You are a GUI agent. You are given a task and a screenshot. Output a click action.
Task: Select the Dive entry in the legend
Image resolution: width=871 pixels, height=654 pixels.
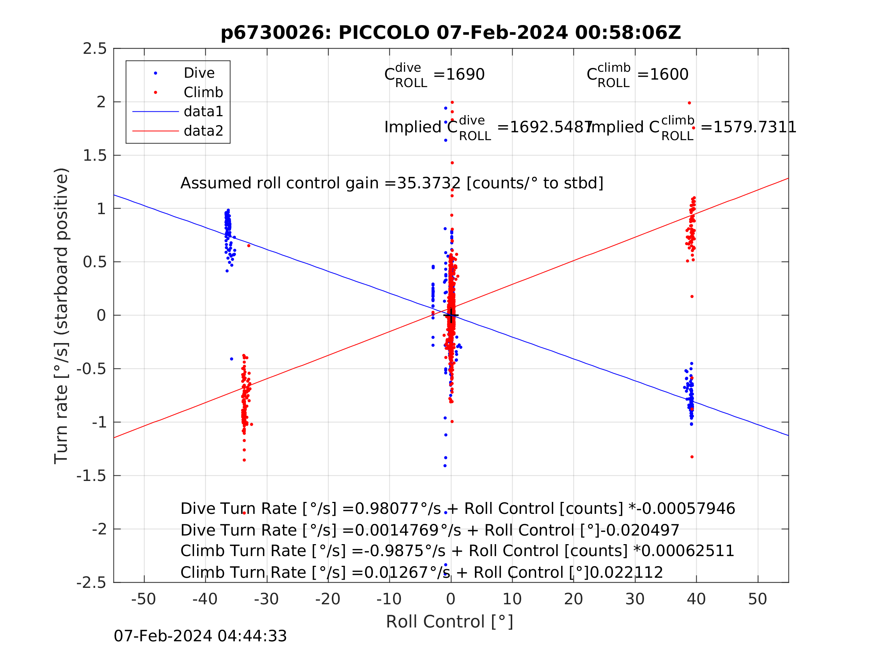click(x=199, y=73)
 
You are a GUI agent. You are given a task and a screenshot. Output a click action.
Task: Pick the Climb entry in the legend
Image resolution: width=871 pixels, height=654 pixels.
click(x=203, y=93)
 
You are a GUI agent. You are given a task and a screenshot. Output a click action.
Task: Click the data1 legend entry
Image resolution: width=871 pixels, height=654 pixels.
click(x=203, y=112)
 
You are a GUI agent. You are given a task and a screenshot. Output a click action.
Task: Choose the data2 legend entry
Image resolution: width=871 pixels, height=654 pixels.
click(x=203, y=131)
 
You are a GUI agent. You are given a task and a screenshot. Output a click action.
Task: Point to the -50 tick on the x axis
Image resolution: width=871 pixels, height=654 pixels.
click(x=144, y=599)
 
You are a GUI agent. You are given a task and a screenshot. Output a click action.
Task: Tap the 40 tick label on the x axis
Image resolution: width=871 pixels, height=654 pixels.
click(x=696, y=599)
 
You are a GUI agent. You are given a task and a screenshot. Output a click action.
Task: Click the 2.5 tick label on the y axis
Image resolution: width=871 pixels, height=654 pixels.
click(x=95, y=49)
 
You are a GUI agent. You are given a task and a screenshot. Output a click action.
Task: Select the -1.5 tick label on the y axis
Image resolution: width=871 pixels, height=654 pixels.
click(x=91, y=476)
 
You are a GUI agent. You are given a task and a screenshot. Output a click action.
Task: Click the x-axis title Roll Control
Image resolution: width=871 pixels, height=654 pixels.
click(x=449, y=622)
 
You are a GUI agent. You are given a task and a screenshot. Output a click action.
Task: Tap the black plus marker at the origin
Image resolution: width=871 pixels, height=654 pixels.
click(x=451, y=315)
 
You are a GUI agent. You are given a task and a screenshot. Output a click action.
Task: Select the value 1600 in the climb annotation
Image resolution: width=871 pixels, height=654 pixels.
click(x=669, y=74)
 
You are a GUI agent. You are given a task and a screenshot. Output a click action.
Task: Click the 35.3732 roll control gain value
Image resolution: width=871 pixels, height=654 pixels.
click(x=429, y=183)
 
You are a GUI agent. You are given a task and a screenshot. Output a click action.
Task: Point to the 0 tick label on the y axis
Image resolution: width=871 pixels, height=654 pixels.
click(x=101, y=316)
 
